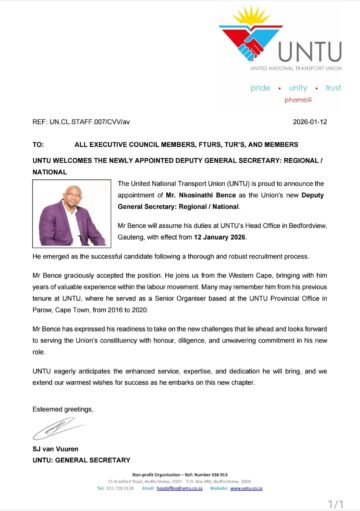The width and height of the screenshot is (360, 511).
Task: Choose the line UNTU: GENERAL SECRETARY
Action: pyautogui.click(x=84, y=460)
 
